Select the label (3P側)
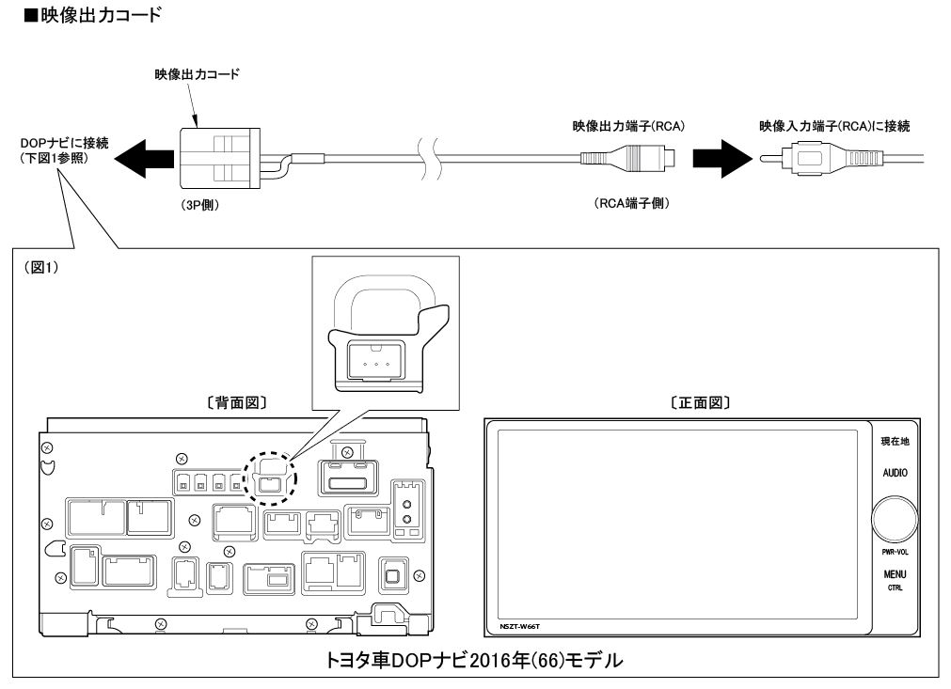coord(199,205)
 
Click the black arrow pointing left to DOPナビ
coord(141,156)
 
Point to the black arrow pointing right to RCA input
coord(718,156)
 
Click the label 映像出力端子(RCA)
coord(627,125)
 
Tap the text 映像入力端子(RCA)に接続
coord(834,125)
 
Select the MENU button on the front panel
coord(894,573)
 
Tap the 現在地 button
coord(894,440)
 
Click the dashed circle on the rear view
coord(270,477)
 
